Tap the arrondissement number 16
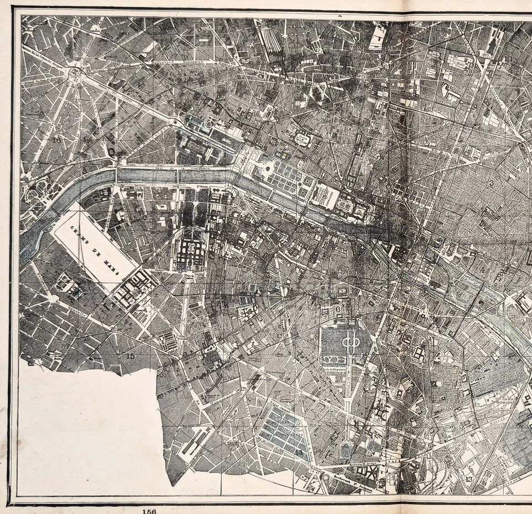coord(57,140)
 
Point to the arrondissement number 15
coord(130,356)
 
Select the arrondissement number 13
coord(469,479)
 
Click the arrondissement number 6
coord(337,308)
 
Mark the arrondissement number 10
coord(508,59)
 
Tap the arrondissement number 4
coord(482,269)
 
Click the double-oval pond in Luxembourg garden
coord(349,342)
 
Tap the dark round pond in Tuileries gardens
coord(268,166)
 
